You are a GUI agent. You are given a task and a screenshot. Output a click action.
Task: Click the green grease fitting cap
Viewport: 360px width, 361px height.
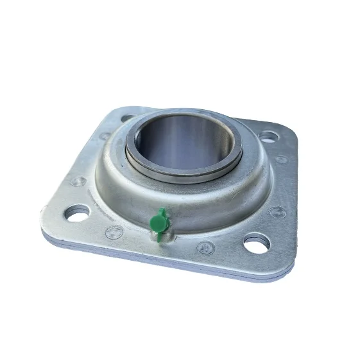click(x=157, y=222)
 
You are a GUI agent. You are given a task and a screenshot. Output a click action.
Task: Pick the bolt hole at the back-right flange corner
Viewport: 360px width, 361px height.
click(x=270, y=136)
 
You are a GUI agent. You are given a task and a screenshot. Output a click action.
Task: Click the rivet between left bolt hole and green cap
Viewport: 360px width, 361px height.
click(x=114, y=232)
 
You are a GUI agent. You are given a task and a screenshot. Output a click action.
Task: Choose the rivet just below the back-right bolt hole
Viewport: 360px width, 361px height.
click(x=281, y=159)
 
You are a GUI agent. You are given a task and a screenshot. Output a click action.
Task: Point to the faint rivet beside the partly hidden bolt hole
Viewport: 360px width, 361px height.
click(x=105, y=136)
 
